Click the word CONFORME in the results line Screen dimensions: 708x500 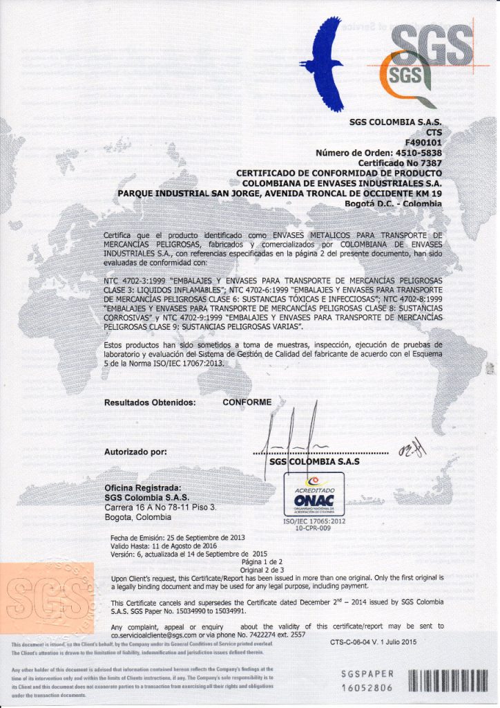pos(247,401)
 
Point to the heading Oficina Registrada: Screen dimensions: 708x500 pos(142,487)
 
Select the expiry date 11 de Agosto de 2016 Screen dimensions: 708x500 pos(197,546)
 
